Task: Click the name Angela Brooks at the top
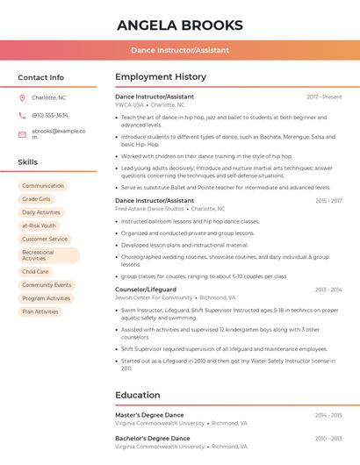click(180, 25)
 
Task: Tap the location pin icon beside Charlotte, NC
click(22, 97)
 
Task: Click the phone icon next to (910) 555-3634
click(22, 115)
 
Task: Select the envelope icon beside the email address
click(22, 134)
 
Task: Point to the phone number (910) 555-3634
click(50, 115)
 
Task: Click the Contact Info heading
click(41, 77)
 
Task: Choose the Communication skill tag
click(43, 186)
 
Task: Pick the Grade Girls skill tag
click(36, 199)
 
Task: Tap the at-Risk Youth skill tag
click(39, 225)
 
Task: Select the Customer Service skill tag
click(45, 239)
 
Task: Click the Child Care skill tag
click(35, 272)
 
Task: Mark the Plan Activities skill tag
click(40, 311)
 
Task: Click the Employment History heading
click(161, 77)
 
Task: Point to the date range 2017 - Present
click(324, 97)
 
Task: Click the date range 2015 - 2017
click(328, 201)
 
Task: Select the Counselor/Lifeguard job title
click(146, 290)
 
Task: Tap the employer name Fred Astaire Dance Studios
click(150, 209)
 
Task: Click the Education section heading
click(138, 395)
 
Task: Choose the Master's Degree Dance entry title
click(149, 414)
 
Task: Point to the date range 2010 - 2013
click(328, 438)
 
